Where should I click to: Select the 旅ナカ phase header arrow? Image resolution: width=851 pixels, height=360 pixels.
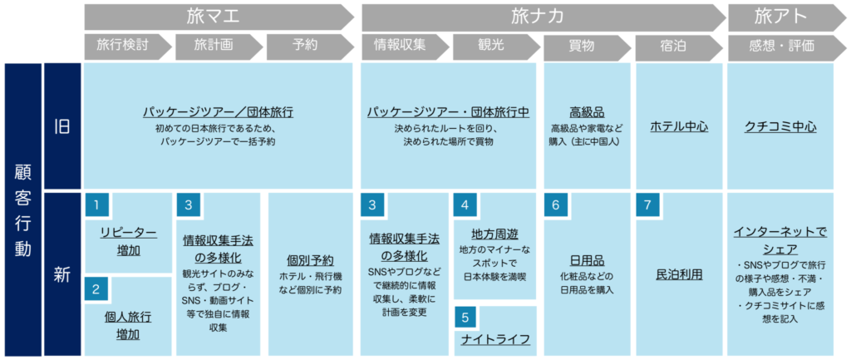pyautogui.click(x=544, y=17)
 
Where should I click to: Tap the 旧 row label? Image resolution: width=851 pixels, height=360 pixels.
pyautogui.click(x=62, y=126)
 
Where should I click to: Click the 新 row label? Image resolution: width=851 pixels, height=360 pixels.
pyautogui.click(x=62, y=274)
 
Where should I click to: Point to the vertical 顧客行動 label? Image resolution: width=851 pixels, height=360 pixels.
pyautogui.click(x=22, y=210)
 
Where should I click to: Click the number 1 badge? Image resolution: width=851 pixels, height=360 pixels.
pyautogui.click(x=96, y=205)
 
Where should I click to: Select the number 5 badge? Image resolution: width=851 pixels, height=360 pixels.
pyautogui.click(x=466, y=318)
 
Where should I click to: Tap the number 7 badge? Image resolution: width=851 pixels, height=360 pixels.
pyautogui.click(x=647, y=205)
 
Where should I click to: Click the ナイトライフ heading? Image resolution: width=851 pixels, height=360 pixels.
pyautogui.click(x=495, y=339)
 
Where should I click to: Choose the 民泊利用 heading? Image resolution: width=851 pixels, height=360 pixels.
pyautogui.click(x=680, y=274)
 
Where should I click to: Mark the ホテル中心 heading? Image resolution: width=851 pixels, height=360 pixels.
pyautogui.click(x=679, y=126)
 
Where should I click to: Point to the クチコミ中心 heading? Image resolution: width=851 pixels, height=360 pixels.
pyautogui.click(x=781, y=126)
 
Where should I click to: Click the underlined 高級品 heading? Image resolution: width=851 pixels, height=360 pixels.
pyautogui.click(x=587, y=112)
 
